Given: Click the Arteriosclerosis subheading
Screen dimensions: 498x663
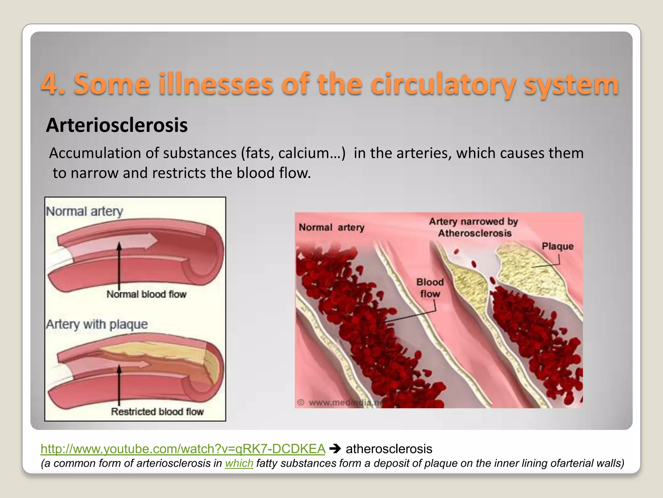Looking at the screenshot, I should coord(117,125).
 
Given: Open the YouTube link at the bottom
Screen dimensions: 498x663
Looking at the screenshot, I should coord(183,449).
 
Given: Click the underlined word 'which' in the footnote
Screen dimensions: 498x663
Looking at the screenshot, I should coord(239,463).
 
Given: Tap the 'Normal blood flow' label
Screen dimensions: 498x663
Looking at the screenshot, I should coord(146,294).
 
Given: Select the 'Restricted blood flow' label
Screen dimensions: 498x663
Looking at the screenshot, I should coord(157,412).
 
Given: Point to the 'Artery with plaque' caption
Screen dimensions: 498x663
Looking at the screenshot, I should coord(97,324).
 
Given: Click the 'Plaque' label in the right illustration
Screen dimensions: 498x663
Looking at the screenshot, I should coord(557,246).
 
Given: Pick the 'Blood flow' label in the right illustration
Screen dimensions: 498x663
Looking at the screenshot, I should coord(430,288).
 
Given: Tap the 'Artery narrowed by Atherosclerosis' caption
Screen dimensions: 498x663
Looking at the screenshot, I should coord(474,227).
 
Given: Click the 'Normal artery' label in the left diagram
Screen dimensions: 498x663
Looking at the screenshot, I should coord(84,211).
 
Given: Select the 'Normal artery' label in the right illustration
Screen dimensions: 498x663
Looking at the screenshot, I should coord(331,227).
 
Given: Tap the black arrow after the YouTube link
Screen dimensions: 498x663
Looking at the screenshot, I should coord(335,449).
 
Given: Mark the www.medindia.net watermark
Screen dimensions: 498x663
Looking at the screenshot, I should coord(343,403).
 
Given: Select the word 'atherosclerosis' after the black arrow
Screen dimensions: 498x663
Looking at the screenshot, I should coord(389,449).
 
